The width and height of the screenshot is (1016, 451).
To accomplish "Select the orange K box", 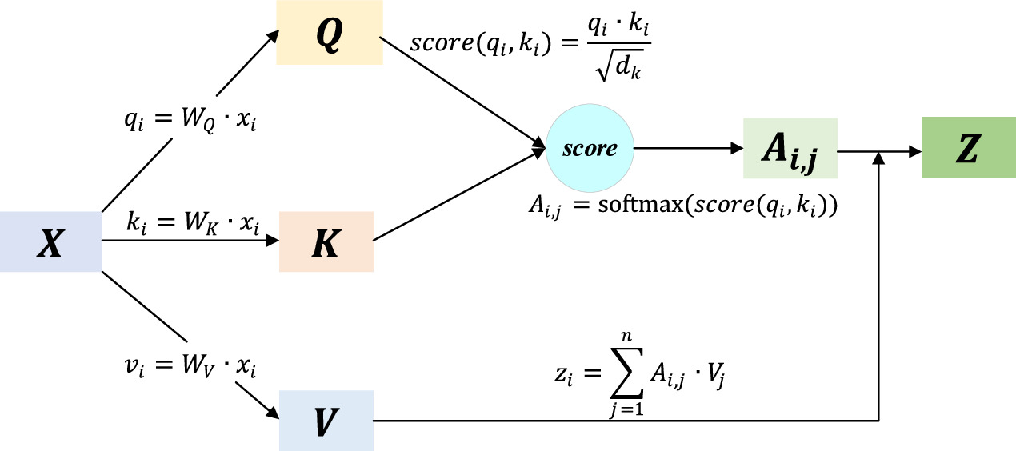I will [326, 243].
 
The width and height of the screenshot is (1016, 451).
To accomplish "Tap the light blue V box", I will [326, 421].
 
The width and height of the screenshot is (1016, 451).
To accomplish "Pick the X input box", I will [51, 243].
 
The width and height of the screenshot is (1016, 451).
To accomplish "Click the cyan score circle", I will [590, 149].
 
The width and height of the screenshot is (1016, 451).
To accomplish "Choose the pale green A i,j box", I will [790, 149].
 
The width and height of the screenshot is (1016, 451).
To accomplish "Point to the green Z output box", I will [966, 149].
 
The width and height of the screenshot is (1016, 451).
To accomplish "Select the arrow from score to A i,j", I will [688, 149].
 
